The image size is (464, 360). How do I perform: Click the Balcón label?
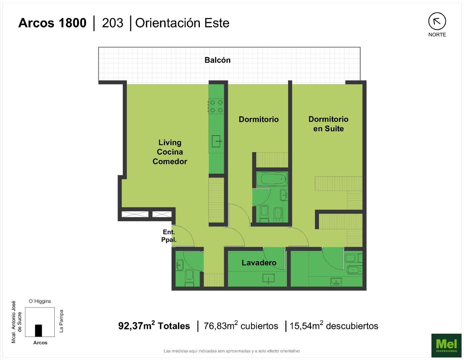coord(218,60)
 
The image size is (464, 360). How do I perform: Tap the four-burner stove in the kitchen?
coord(216,106)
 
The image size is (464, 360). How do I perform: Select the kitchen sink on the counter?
coord(216,141)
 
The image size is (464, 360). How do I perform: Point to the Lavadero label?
coord(259,263)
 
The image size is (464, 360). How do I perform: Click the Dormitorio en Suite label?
coord(328,124)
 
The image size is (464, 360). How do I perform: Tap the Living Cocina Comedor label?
coord(170,152)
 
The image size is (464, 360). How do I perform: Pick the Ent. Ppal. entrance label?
coord(169,236)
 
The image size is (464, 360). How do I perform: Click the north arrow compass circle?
coord(437,21)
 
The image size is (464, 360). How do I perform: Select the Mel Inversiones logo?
coord(446,345)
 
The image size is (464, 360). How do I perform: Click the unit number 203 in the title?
coord(113,23)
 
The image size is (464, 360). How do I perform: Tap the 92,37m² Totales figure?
coord(154,326)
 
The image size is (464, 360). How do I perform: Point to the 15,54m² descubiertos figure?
coord(334,326)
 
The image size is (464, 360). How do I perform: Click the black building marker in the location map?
coord(38,331)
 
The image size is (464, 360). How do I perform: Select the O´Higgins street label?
coord(40,301)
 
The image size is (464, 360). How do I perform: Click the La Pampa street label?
coord(61,321)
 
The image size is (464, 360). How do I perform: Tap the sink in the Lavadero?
coord(268,279)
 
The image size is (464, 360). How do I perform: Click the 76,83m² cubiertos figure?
coord(241,326)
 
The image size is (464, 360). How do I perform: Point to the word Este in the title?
coord(217,23)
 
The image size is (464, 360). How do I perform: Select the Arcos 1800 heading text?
coord(52,23)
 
